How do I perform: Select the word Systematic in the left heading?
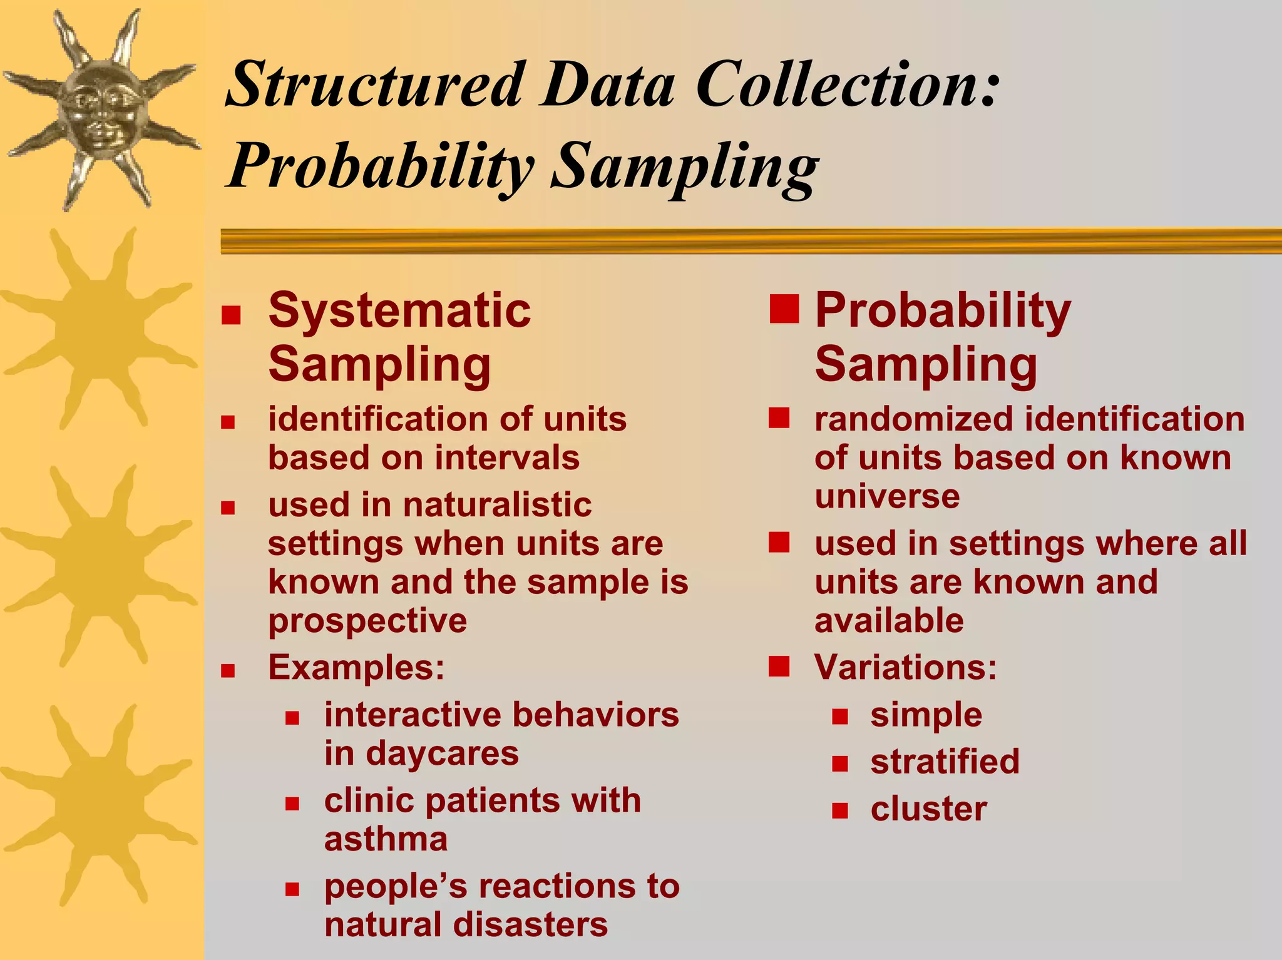click(399, 310)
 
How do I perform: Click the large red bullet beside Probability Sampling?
click(784, 309)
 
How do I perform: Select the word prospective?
click(367, 621)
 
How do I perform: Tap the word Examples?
click(356, 668)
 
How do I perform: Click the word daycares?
click(442, 753)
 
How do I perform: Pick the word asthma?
click(386, 839)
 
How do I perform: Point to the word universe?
click(887, 497)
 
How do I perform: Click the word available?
click(889, 621)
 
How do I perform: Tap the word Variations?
click(905, 668)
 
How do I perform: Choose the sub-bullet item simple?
click(926, 715)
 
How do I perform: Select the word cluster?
click(928, 809)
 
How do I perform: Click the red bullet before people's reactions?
click(292, 889)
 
